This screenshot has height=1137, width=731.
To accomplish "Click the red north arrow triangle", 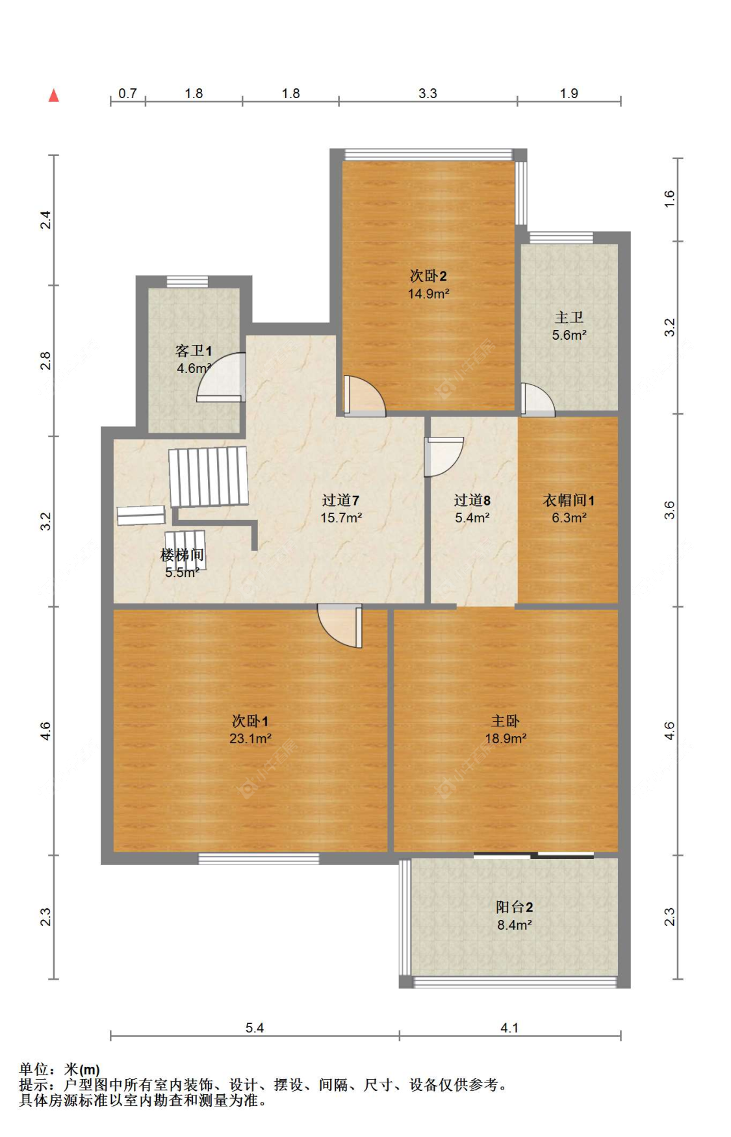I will click(54, 96).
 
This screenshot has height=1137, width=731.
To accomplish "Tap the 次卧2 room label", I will click(428, 276).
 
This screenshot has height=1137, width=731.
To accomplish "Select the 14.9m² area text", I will click(428, 294).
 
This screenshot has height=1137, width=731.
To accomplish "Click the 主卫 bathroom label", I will click(569, 318).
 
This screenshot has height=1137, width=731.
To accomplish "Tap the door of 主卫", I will click(537, 400).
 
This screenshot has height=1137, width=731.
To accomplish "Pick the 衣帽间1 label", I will click(569, 500).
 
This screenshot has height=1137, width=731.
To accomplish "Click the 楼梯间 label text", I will click(182, 555).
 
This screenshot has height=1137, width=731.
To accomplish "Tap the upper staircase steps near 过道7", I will click(209, 476).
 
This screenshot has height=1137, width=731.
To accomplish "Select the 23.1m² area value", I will click(250, 739).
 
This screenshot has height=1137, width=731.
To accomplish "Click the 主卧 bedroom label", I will click(505, 721).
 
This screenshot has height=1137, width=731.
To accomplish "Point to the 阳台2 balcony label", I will click(514, 907).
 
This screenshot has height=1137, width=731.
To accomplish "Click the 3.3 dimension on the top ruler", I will click(428, 94).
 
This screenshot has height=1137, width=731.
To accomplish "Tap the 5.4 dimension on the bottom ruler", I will click(255, 1028).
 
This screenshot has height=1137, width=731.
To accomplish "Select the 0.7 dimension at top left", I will click(127, 94).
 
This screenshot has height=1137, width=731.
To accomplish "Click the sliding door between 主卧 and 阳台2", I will click(533, 855).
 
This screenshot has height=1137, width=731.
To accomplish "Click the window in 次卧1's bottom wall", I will click(259, 859).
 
